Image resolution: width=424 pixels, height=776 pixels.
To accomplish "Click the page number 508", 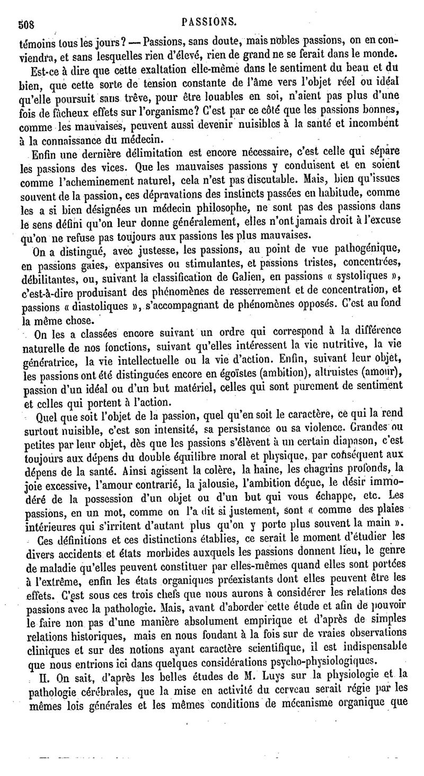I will (x=26, y=23).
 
